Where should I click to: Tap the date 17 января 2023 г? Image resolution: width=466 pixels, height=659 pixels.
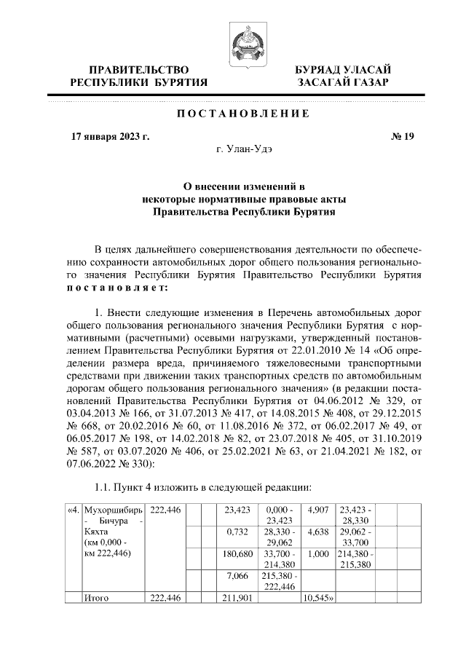(110, 136)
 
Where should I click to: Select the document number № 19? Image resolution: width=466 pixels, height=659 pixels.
(403, 136)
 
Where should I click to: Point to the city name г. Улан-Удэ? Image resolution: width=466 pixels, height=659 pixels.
(243, 149)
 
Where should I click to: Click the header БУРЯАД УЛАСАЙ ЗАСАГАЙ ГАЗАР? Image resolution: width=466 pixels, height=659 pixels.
(342, 76)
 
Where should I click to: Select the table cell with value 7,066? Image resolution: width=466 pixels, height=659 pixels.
(237, 576)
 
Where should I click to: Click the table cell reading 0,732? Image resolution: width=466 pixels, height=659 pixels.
(237, 532)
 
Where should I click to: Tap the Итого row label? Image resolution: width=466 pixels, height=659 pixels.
(97, 598)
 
